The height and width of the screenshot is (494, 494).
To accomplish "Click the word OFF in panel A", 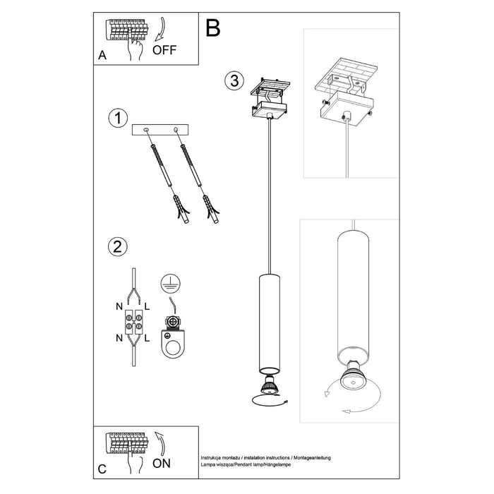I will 164,49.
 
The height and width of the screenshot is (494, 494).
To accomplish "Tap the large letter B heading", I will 212,28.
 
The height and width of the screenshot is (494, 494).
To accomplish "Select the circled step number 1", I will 116,118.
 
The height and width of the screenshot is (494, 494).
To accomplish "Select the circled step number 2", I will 116,246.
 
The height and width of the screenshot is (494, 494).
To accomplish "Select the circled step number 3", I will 236,80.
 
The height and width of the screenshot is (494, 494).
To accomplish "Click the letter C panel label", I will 102,468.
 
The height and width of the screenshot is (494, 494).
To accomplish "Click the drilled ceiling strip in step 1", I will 162,130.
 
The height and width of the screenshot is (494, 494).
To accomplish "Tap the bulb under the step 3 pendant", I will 270,386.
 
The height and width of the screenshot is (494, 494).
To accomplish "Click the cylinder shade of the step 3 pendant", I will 270,325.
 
